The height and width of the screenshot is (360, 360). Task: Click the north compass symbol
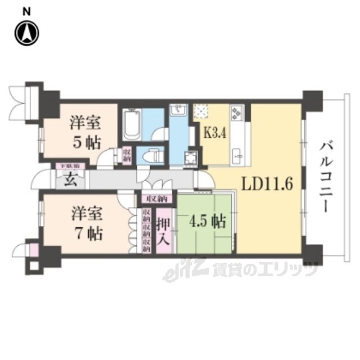(x=27, y=33)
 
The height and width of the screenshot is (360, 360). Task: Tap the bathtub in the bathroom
(x=132, y=124)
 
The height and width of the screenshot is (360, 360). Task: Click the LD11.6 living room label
(x=268, y=184)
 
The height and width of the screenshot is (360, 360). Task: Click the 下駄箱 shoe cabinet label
(x=70, y=166)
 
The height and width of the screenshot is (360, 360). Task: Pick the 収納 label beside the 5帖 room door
(x=128, y=154)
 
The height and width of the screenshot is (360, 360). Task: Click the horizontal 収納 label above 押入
(x=157, y=199)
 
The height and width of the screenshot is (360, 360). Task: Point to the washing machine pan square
(x=192, y=157)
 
